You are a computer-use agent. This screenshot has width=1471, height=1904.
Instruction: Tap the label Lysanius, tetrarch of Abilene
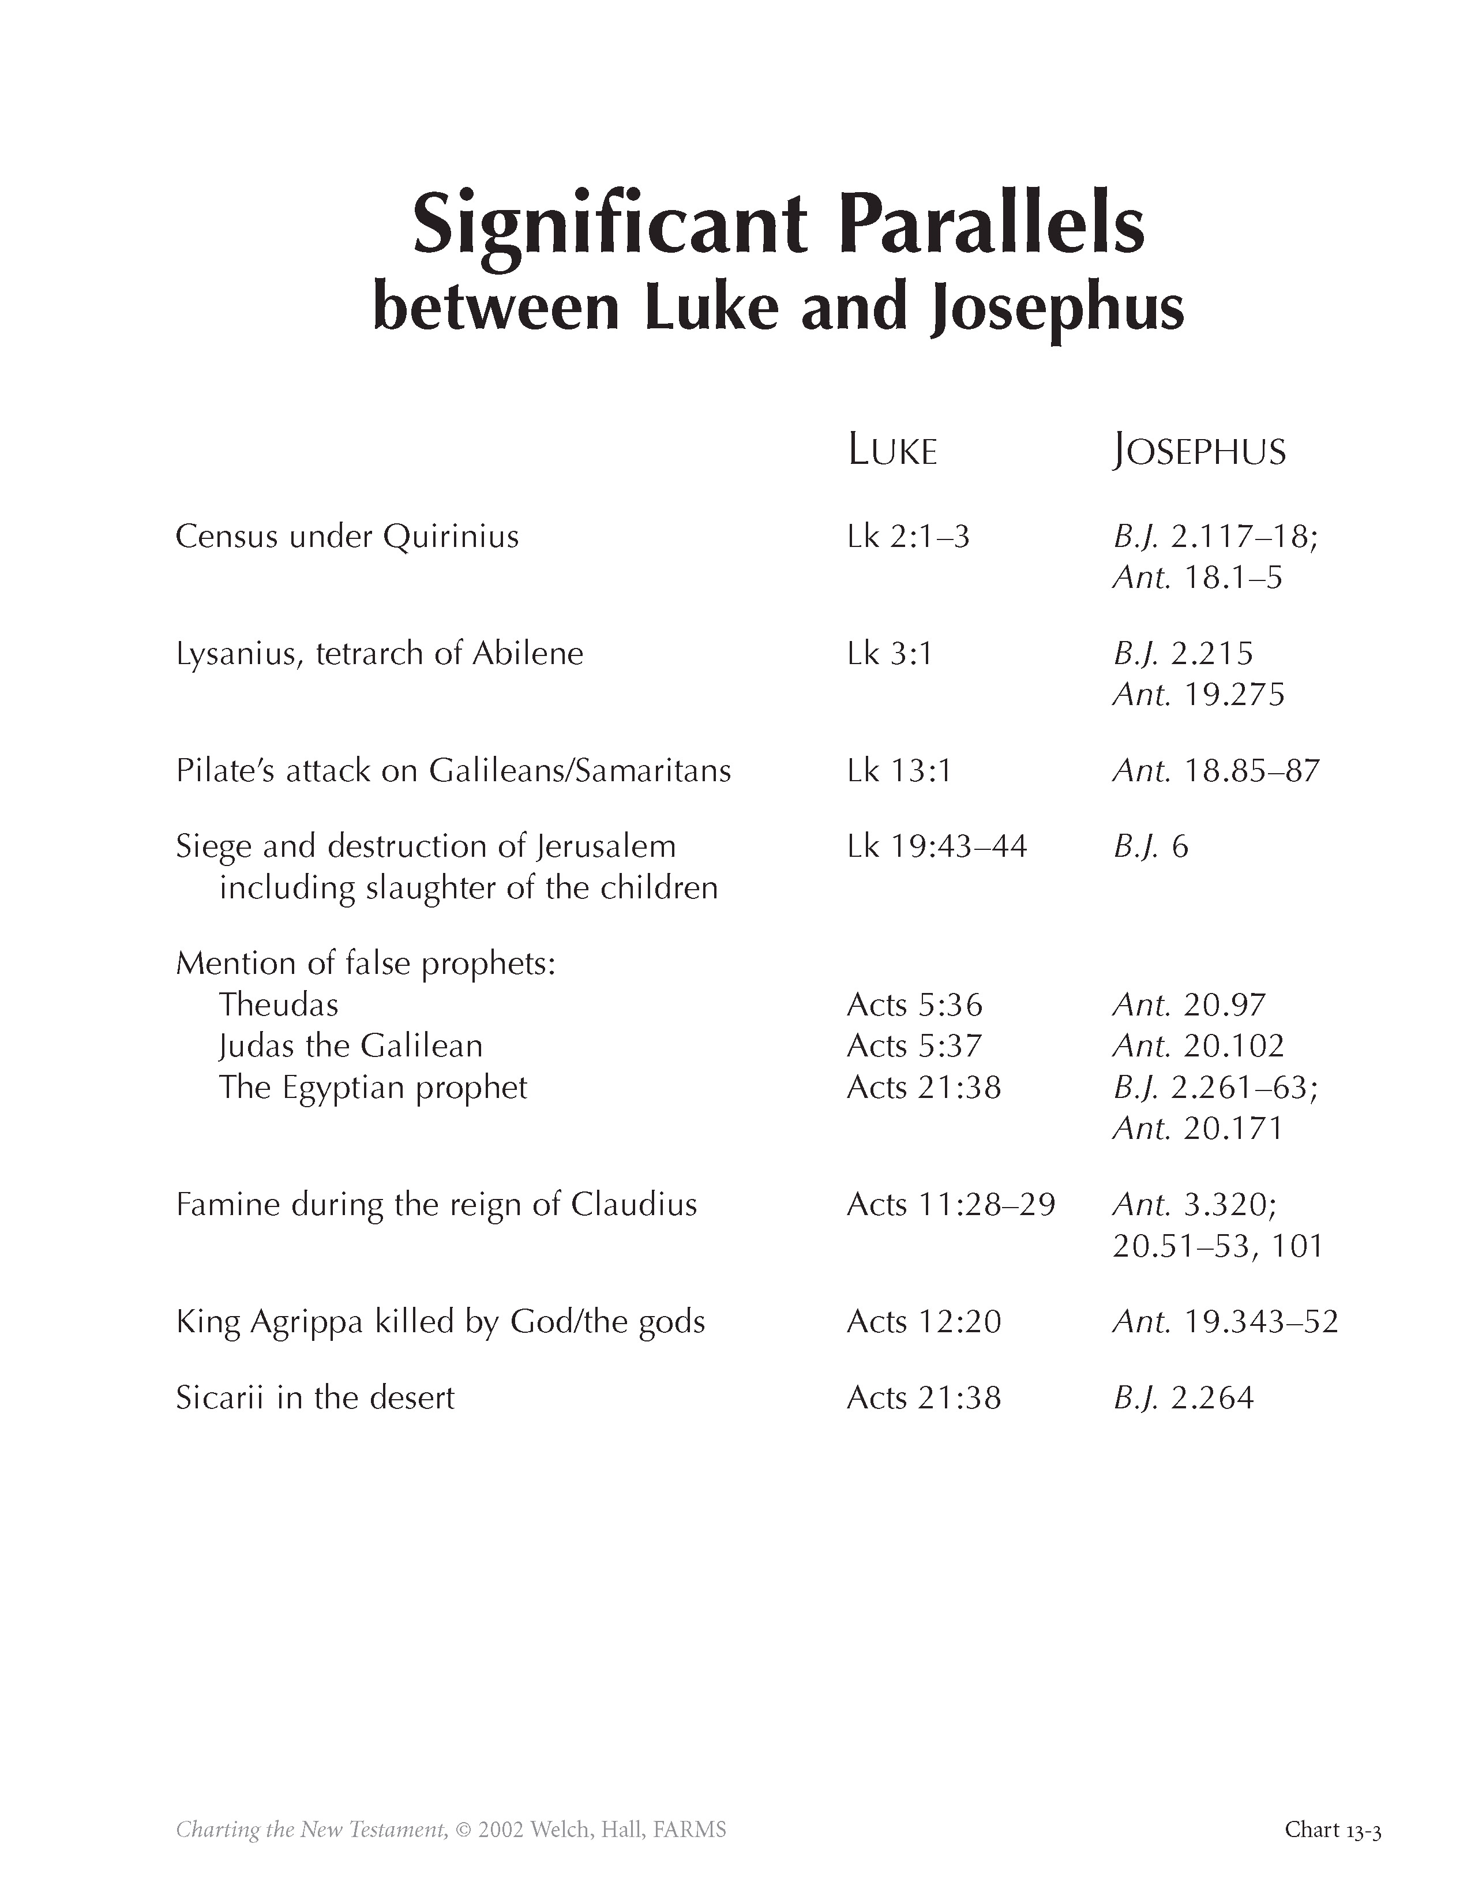tap(379, 654)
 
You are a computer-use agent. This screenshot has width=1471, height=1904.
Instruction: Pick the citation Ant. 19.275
tap(1198, 695)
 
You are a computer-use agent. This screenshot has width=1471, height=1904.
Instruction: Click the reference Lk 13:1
tap(898, 771)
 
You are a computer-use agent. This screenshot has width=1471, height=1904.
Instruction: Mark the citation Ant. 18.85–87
tap(1215, 771)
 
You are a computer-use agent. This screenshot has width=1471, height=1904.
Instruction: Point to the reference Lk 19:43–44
tap(937, 846)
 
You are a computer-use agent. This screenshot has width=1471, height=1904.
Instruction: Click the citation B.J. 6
tap(1150, 846)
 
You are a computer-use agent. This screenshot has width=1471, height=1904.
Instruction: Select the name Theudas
tap(278, 1005)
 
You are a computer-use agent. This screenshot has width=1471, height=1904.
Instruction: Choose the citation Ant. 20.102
tap(1198, 1046)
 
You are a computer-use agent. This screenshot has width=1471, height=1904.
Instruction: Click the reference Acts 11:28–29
tap(951, 1205)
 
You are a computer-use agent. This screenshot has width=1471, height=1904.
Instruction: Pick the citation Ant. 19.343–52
tap(1224, 1322)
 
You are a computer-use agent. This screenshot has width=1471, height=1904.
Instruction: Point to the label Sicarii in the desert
tap(314, 1397)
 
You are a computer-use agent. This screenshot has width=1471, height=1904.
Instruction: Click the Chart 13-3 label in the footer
tap(1333, 1805)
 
